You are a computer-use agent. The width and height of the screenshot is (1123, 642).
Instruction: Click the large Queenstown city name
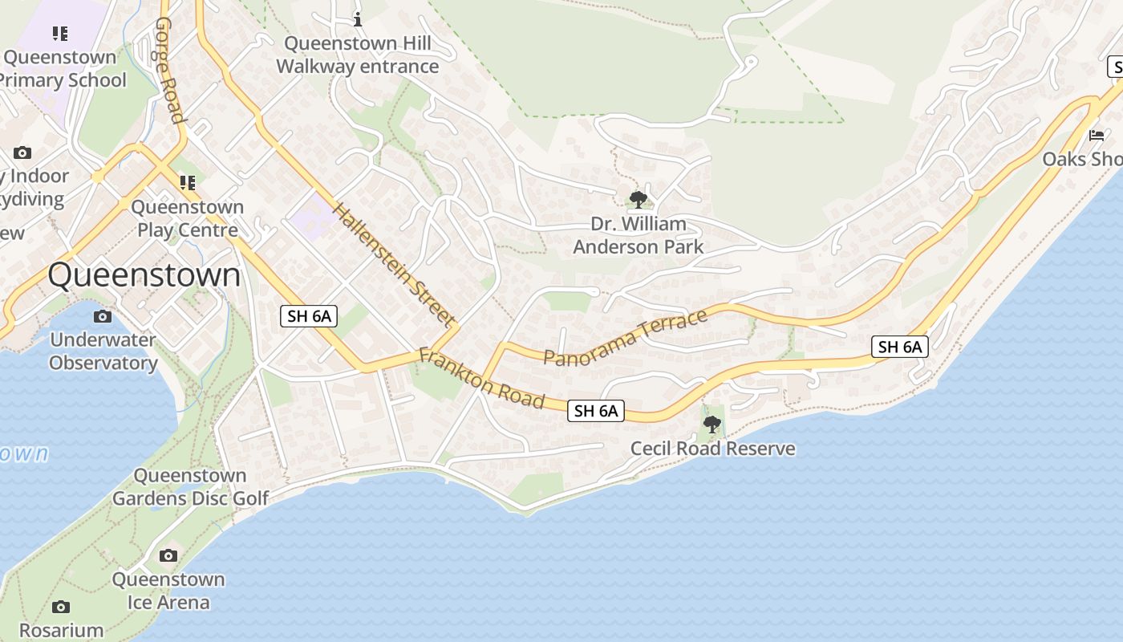pos(144,275)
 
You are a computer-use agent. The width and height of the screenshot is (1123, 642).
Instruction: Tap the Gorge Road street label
pos(170,71)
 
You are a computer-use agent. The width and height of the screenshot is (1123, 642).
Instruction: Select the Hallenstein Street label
pos(393,265)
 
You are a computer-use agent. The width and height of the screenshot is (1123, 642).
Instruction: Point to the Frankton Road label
pos(482,378)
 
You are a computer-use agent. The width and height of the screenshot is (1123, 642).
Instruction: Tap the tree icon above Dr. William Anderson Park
pos(639,199)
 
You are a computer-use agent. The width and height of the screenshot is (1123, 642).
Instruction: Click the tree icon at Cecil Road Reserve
pos(712,425)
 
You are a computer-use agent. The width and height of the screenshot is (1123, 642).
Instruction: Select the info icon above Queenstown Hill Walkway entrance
pos(358,18)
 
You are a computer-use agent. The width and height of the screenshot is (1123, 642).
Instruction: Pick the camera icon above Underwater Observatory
pos(103,316)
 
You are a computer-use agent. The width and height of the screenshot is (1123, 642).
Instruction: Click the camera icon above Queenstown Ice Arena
pos(168,555)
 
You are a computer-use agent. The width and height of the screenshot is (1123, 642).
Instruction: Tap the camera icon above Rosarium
pos(61,607)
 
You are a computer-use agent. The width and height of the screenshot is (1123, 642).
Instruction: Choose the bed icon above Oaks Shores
pos(1097,136)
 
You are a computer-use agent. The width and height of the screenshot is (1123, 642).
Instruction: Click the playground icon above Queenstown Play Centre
pos(188,183)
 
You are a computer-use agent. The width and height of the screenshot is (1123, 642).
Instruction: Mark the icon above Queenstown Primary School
pos(60,34)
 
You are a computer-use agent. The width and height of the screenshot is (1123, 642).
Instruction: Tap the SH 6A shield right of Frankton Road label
pos(595,411)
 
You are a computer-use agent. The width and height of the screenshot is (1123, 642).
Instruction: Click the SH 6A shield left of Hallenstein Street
pos(309,316)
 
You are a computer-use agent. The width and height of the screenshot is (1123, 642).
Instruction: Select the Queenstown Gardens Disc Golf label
pos(190,487)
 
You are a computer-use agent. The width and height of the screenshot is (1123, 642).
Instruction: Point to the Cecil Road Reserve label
pos(713,449)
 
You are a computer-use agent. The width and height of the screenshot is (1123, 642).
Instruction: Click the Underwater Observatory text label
pos(103,351)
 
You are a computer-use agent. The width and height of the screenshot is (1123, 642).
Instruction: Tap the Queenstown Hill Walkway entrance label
pos(358,55)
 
